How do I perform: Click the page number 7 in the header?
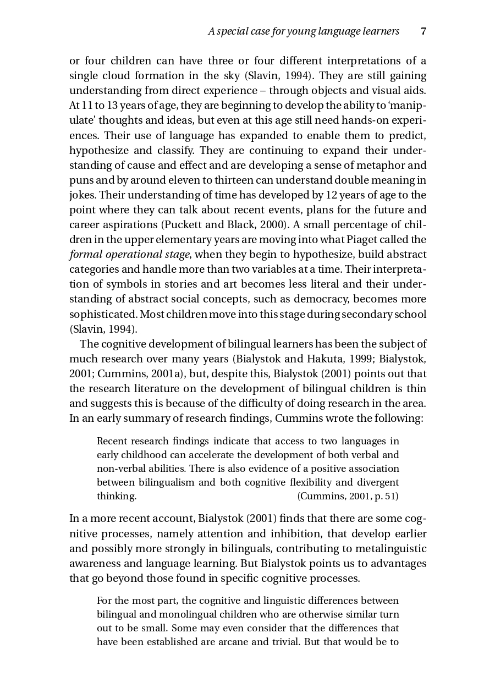[x=424, y=31]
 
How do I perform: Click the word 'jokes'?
[x=82, y=195]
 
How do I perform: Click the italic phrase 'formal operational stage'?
[x=129, y=255]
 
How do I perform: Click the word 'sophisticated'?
[x=103, y=315]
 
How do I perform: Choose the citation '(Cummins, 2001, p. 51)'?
[x=348, y=497]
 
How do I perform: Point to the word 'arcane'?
[x=243, y=642]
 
